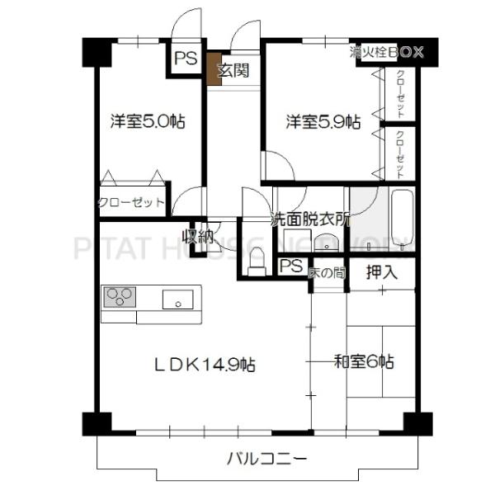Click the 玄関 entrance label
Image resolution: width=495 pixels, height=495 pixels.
[x=233, y=70]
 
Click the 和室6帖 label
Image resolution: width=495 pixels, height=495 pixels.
[x=363, y=361]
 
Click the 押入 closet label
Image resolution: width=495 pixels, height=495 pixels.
[x=381, y=270]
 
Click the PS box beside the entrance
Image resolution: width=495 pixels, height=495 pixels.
[x=185, y=59]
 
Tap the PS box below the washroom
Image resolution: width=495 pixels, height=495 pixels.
[x=290, y=266]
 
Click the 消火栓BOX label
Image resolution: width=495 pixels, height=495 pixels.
[x=386, y=51]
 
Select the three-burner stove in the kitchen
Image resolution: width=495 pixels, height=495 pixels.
[x=120, y=297]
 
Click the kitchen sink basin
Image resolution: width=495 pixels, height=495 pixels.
[x=177, y=299]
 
